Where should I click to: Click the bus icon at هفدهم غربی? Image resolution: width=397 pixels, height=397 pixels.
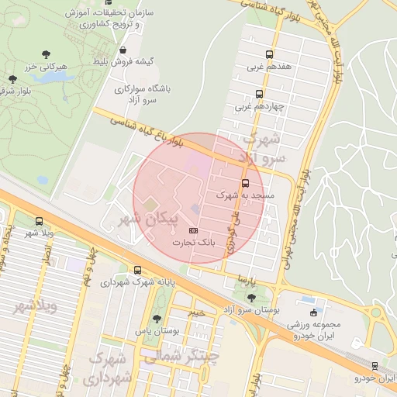click(x=270, y=54)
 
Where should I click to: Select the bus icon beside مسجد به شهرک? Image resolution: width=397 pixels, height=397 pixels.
click(x=246, y=184)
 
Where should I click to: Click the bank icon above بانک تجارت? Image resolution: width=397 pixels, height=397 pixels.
click(x=193, y=231)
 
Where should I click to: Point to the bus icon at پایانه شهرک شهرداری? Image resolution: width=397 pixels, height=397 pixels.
click(x=137, y=270)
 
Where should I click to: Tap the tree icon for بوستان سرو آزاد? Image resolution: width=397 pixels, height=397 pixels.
click(x=250, y=297)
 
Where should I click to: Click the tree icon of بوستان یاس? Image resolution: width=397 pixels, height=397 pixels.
click(x=157, y=319)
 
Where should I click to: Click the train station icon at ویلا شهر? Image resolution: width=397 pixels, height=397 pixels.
click(x=39, y=221)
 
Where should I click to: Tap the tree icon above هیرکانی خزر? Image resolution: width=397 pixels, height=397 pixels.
click(x=47, y=54)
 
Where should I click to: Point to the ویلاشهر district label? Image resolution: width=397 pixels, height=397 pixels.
click(x=36, y=306)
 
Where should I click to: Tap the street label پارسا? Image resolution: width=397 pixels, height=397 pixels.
click(x=246, y=278)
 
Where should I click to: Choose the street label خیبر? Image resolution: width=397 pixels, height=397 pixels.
click(x=196, y=312)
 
